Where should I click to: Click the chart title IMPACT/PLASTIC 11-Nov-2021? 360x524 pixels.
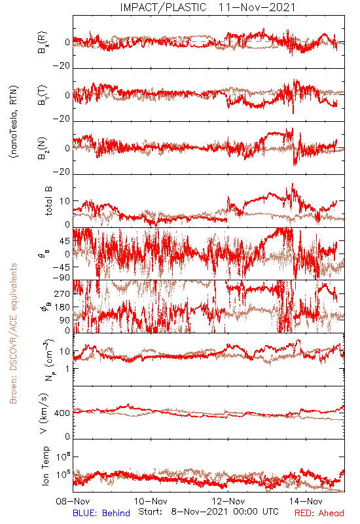click(207, 7)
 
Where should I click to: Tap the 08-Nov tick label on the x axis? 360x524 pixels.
click(73, 501)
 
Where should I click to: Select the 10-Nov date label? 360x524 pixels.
click(151, 501)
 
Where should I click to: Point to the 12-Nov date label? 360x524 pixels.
click(228, 501)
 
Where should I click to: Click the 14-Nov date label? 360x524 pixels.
click(306, 501)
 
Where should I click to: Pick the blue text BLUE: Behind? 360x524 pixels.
click(101, 514)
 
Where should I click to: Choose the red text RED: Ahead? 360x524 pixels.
click(319, 514)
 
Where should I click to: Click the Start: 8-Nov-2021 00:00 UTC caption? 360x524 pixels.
click(208, 512)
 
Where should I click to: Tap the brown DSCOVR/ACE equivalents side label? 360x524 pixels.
click(13, 333)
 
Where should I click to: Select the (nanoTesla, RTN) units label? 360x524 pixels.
click(14, 122)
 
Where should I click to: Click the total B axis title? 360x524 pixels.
click(48, 201)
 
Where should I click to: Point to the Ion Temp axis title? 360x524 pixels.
click(45, 466)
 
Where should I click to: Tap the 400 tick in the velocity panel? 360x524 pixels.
click(62, 413)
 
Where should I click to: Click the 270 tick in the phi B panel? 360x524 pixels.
click(62, 293)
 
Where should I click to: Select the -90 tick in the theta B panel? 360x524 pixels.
click(62, 277)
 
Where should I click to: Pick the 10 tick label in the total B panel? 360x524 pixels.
click(65, 201)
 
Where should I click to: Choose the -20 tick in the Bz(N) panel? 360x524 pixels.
click(62, 172)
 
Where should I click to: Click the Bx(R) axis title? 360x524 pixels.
click(43, 43)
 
